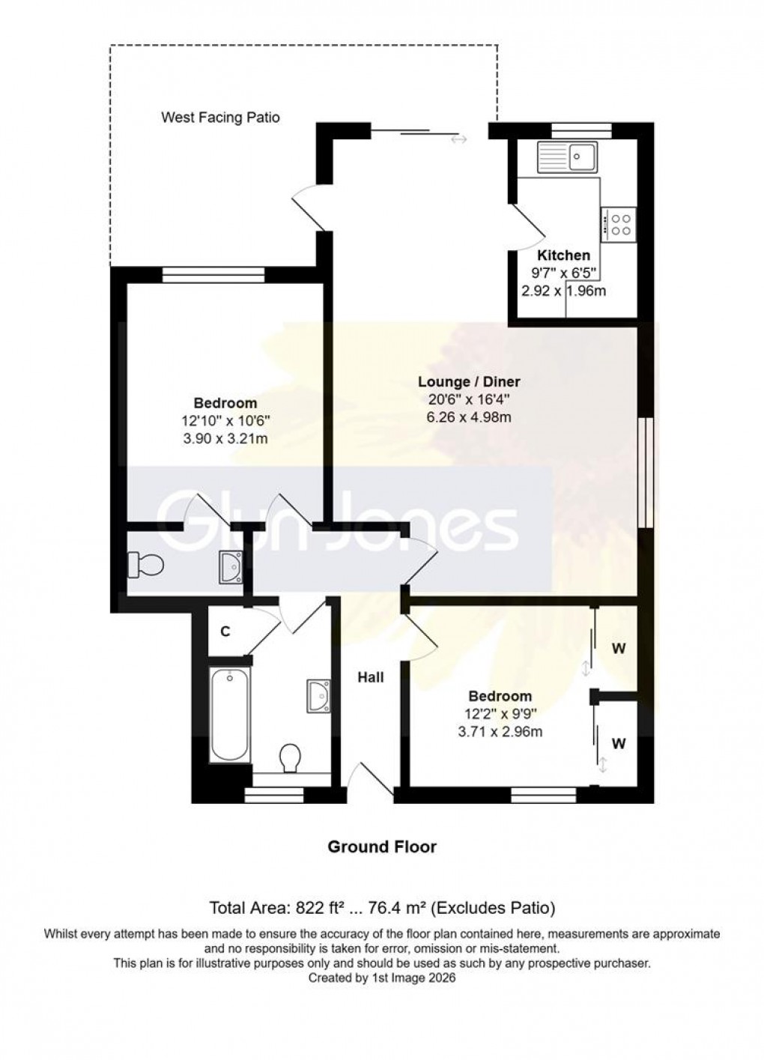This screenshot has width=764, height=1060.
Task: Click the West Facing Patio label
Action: pos(220,118)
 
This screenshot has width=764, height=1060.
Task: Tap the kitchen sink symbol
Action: pos(566,157)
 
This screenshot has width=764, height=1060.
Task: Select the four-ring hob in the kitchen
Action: pos(620,224)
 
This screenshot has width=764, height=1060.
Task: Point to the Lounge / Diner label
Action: pos(469,382)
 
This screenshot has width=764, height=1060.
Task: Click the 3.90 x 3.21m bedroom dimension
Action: pos(225,439)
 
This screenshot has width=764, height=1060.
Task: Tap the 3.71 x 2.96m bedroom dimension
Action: pos(500,732)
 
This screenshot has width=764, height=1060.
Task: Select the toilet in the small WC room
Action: pos(145,564)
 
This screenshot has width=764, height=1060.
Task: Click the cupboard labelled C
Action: pos(224,632)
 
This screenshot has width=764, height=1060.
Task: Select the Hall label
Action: pos(370,677)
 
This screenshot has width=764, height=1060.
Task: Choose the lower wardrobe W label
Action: pos(619,744)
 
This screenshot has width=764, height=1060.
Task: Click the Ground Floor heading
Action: pos(382,847)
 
